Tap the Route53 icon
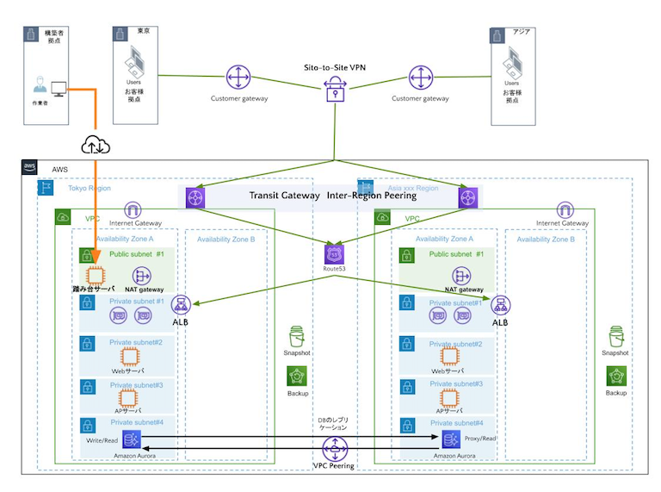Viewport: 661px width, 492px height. coord(334,254)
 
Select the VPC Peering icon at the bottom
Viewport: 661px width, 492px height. coord(334,448)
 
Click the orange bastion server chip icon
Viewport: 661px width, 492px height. coord(96,277)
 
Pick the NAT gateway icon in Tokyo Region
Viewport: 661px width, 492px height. coord(143,276)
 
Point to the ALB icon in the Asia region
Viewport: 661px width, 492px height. coord(499,305)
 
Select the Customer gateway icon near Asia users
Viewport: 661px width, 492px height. coord(420,78)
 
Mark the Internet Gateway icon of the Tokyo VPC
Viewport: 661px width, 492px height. coord(133,209)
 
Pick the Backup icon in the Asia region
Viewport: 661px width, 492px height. coord(615,377)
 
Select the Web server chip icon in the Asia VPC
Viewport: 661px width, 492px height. coord(448,356)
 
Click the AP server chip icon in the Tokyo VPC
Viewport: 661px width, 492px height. coord(128,397)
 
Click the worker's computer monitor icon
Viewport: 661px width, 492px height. coord(59,88)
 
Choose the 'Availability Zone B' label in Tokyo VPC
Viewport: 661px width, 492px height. coord(225,239)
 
